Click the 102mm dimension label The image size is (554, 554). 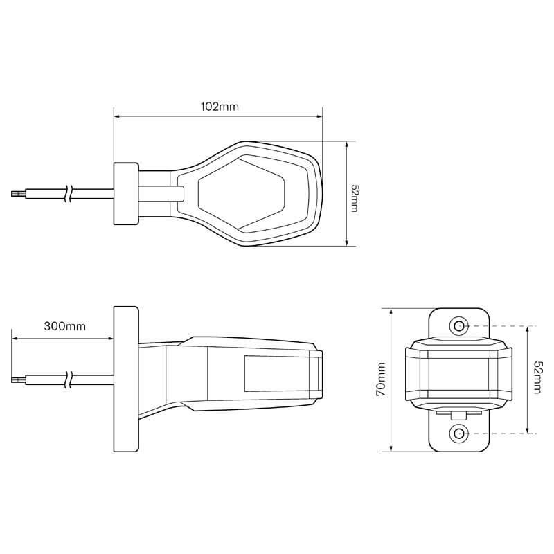pyautogui.click(x=220, y=107)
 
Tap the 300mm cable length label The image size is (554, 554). pyautogui.click(x=64, y=325)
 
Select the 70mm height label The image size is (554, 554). pyautogui.click(x=381, y=379)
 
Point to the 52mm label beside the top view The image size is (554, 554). pyautogui.click(x=354, y=197)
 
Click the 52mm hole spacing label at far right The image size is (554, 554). pyautogui.click(x=537, y=377)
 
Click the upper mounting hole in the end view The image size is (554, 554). pyautogui.click(x=458, y=325)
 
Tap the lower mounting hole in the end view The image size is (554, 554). pyautogui.click(x=458, y=433)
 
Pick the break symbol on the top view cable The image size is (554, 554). pyautogui.click(x=69, y=194)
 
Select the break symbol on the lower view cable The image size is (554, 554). pyautogui.click(x=69, y=380)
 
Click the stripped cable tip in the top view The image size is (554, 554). pyautogui.click(x=19, y=194)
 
